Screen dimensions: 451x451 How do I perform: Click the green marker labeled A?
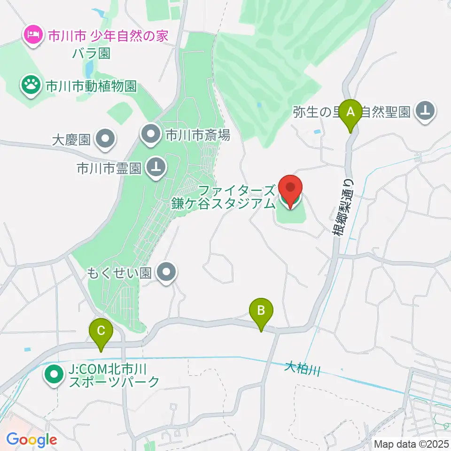tap(350, 113)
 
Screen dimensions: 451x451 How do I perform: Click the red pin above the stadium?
tap(290, 189)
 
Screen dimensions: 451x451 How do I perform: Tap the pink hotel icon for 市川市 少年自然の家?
tap(33, 34)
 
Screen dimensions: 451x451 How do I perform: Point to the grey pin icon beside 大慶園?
tap(105, 139)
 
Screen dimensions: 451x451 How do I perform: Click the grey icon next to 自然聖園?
tap(426, 111)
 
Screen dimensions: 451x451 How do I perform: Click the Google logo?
tap(31, 440)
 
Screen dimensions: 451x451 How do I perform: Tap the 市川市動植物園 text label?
tap(91, 86)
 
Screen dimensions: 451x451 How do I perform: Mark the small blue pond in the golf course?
tap(259, 105)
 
